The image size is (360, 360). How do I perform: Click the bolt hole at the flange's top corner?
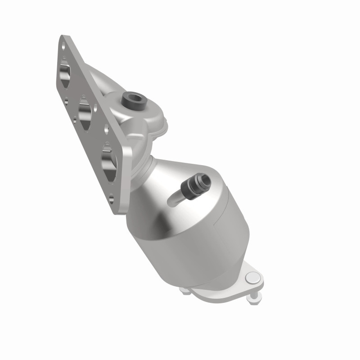coord(64,45)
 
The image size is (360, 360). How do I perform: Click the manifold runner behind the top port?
coord(97,76)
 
